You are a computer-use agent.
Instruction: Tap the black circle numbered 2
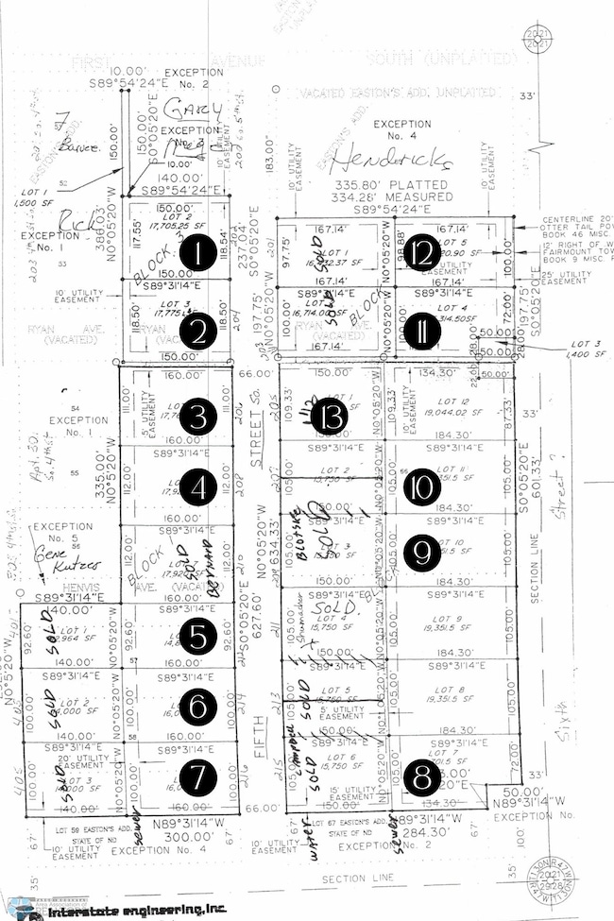[198, 331]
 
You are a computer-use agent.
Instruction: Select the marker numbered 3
[198, 416]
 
